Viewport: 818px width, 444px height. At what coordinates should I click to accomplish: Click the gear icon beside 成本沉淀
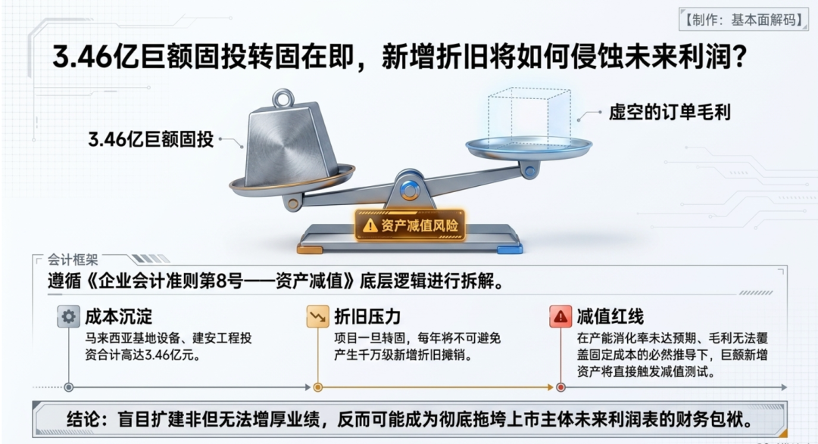coord(68,316)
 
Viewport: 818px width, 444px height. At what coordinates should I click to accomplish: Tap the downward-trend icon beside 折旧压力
coord(317,316)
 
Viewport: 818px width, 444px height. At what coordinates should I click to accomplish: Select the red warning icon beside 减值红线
coord(560,316)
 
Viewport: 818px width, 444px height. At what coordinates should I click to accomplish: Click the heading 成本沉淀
coord(118,316)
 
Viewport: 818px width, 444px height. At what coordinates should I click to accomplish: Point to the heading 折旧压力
coord(367,316)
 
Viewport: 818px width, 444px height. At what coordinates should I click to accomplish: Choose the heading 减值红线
coord(610,316)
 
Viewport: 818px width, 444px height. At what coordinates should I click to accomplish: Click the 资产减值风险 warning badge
coord(410,225)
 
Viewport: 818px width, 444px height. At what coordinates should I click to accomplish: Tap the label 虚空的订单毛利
coord(670,112)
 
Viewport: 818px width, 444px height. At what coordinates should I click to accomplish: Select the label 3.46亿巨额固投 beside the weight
coord(151,139)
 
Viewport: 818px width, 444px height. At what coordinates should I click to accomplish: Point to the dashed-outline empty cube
coord(529,116)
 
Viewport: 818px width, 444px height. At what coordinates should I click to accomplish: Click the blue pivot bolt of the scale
coord(410,190)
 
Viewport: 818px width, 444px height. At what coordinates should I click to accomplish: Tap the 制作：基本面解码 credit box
coord(744,20)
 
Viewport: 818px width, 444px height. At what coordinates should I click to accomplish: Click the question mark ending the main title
coord(739,56)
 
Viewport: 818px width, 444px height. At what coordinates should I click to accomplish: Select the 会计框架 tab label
coord(73,259)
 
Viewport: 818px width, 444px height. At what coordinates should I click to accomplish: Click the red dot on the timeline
coord(560,387)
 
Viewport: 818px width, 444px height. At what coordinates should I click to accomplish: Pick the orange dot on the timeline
coord(317,387)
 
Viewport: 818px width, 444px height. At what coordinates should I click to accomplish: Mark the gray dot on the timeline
coord(68,387)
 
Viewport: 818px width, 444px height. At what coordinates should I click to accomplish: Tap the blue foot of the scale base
coord(510,250)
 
